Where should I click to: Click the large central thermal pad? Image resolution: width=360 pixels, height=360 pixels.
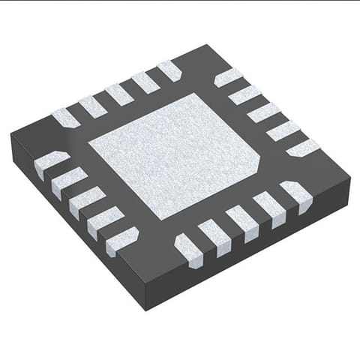[x=176, y=154]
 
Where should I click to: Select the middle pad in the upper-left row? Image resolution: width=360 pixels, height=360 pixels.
[x=118, y=94]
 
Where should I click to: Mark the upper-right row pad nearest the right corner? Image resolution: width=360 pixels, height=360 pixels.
[x=302, y=148]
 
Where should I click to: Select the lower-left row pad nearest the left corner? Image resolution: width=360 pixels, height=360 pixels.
[x=51, y=161]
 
